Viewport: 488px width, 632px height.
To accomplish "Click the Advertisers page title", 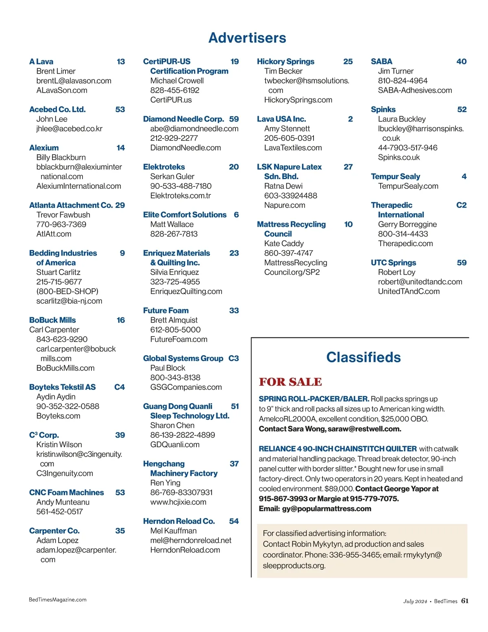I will pos(247,38).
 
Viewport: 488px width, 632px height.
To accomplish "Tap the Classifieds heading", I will pos(363,357).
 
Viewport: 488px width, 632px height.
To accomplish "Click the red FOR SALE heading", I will pos(290,382).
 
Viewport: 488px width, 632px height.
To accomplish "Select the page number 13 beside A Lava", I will pos(121,61).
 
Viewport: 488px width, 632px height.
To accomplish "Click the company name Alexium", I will pos(44,148).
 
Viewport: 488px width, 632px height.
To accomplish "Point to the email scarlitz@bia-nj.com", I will pos(69,301).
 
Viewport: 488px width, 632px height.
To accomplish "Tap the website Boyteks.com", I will pos(58,416).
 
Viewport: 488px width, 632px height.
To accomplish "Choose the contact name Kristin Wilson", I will pos(59,444).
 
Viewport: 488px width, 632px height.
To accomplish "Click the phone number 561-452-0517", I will pos(59,512).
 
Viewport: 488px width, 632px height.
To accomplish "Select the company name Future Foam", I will pos(166,311).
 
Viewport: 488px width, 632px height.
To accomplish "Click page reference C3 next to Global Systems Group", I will pos(233,358).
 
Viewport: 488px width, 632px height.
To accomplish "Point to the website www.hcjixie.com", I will pos(178,502).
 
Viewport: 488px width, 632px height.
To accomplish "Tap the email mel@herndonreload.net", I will pos(191,540).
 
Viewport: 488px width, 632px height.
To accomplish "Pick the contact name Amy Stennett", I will pos(287,129).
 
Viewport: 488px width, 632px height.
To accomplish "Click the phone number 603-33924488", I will pos(290,195).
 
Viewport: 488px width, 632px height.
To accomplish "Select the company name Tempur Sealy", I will pos(395,176).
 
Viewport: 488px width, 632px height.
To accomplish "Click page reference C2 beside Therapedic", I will pos(461,205).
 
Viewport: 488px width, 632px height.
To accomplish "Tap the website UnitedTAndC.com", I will pos(409,291).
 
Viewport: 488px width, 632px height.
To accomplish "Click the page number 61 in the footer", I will pos(465,601).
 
